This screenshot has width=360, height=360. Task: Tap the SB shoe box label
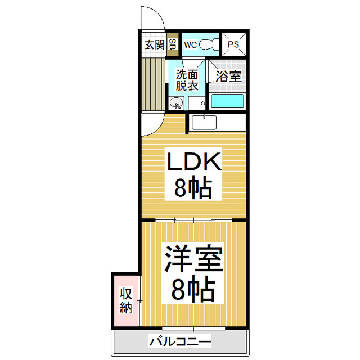coord(172,44)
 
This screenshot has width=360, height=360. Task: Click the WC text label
coord(190,44)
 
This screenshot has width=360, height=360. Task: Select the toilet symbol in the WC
coord(210,44)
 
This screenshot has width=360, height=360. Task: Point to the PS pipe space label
coord(233,44)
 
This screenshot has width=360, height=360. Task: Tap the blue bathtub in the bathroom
coord(227,102)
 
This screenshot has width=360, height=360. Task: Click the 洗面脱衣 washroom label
coord(187,80)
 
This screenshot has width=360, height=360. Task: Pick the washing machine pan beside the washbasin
coord(197,102)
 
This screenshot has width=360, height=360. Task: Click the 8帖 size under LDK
coord(193,188)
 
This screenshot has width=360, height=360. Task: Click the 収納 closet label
coord(125,301)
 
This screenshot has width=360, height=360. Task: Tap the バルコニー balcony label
coord(180,341)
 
